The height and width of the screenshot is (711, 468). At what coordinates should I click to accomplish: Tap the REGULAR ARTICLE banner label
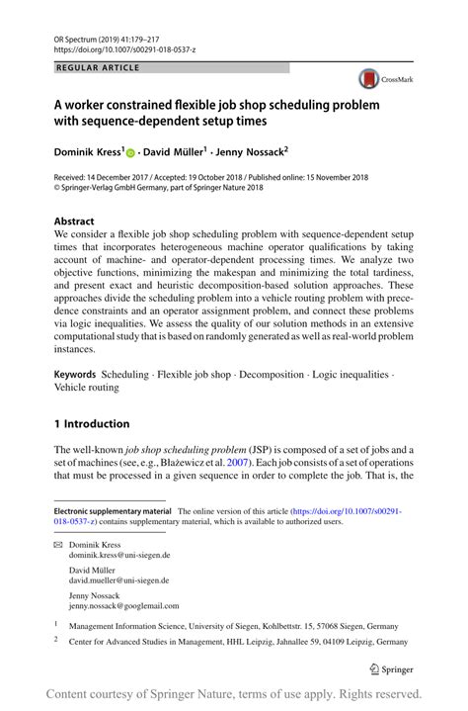coord(100,68)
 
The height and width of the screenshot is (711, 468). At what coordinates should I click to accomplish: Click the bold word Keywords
coord(75,376)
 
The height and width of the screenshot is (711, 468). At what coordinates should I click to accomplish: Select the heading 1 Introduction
coord(92,424)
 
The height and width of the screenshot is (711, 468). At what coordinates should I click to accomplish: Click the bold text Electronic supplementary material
coord(113,511)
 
